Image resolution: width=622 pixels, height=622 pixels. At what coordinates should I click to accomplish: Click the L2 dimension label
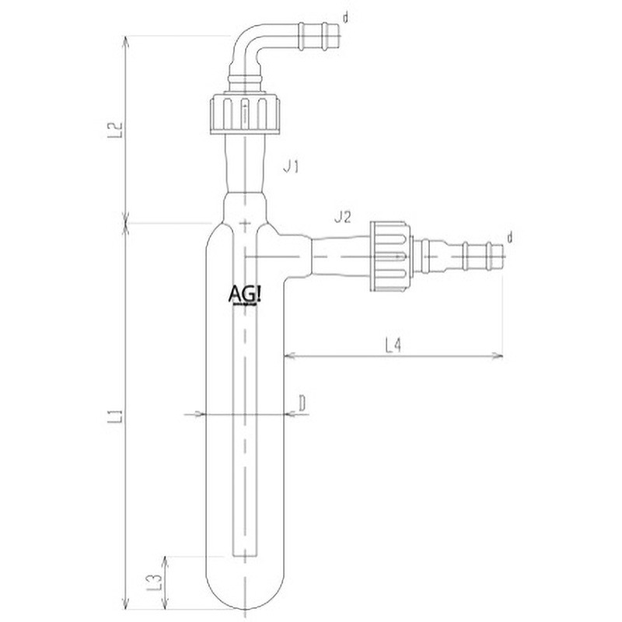[115, 130]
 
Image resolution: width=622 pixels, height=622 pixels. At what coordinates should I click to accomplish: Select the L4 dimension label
[393, 344]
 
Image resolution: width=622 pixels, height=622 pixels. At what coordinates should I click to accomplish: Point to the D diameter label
[302, 404]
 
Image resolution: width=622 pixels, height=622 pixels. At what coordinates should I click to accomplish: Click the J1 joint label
[291, 166]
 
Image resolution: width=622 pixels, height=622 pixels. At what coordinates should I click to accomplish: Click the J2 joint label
[343, 217]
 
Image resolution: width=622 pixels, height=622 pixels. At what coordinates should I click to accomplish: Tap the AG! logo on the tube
[245, 295]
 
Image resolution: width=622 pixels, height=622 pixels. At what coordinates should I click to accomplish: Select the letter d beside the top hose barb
[345, 18]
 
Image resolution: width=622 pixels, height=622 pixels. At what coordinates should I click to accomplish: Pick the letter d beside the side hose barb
[510, 238]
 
